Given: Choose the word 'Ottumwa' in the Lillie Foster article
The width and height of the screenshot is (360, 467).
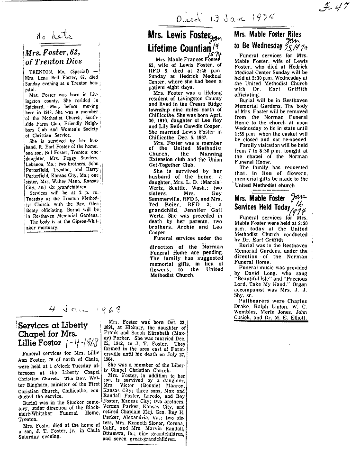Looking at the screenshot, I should (x=116, y=432).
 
